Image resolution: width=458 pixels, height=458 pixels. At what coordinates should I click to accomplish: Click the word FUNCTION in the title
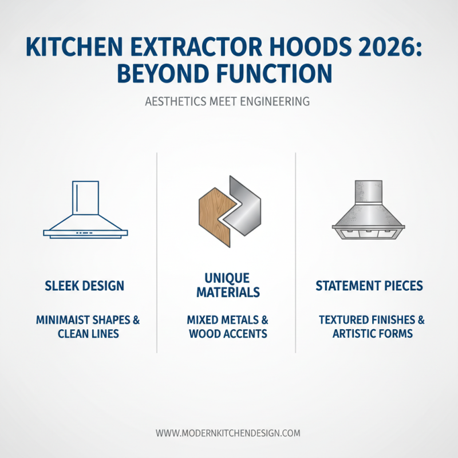281,74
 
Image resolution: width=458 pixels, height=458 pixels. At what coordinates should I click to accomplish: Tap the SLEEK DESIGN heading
84,285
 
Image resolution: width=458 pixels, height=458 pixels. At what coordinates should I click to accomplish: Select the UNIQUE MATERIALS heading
228,285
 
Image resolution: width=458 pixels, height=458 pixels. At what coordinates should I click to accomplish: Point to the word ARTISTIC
354,333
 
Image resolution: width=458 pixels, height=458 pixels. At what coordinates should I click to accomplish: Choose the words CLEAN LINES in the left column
88,333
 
